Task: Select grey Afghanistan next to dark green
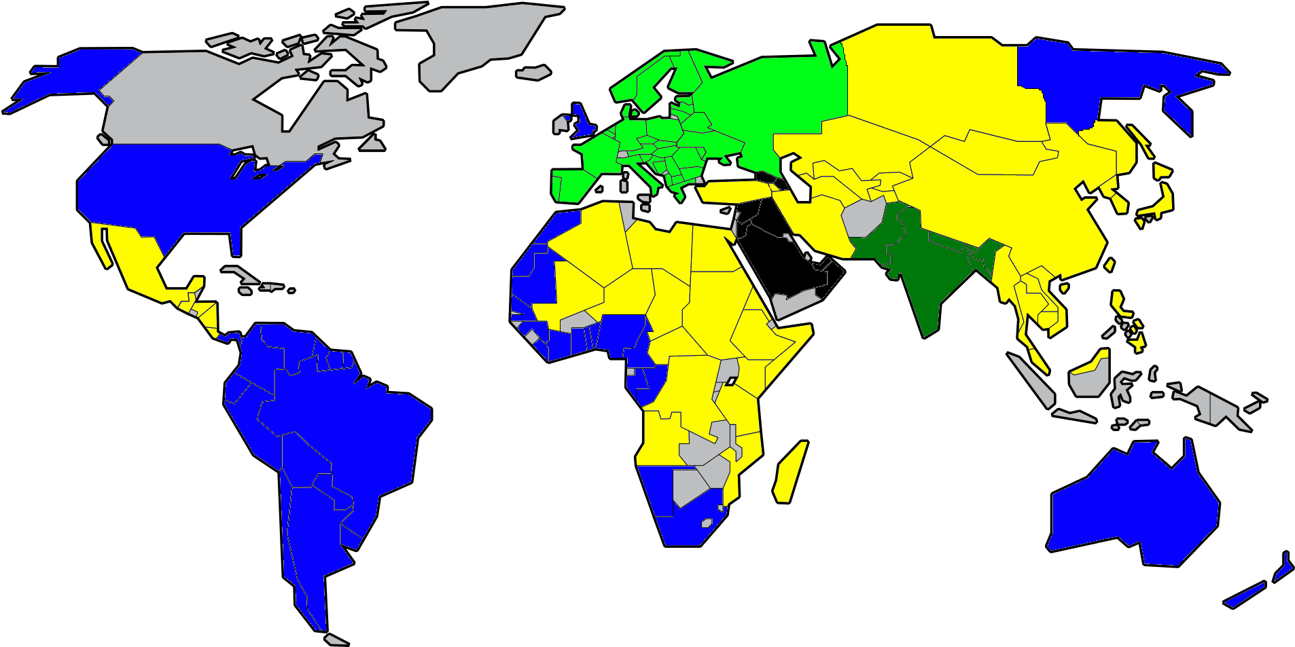pyautogui.click(x=863, y=217)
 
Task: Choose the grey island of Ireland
pyautogui.click(x=561, y=124)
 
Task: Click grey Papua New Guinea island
pyautogui.click(x=1223, y=411)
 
